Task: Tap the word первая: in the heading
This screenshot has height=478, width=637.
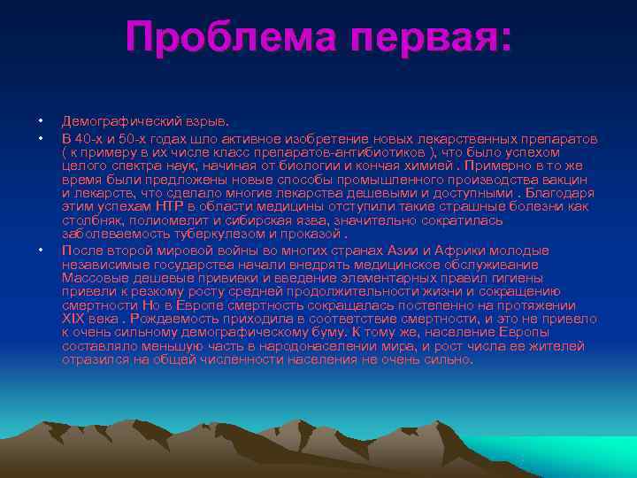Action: point(431,36)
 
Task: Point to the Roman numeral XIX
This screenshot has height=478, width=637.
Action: point(74,317)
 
